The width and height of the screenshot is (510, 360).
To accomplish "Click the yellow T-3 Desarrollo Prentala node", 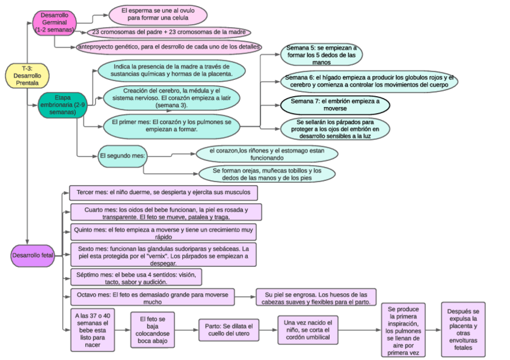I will coord(26,76).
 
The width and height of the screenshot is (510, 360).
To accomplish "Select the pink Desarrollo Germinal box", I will coord(54,22).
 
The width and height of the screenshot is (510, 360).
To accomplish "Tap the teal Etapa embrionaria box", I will coord(58,105).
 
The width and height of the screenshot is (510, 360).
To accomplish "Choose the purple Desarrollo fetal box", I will coord(32,255).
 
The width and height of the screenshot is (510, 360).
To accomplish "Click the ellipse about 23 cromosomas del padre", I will coord(168,32).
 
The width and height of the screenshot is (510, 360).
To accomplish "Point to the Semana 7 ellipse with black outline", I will coord(335,105).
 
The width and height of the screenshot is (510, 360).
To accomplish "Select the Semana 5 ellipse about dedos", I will coord(321,54).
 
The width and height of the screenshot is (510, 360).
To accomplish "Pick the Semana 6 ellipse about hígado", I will coord(369,81).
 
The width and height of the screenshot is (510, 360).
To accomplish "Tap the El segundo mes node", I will coord(122,156).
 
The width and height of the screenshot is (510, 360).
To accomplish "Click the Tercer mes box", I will coord(164,193).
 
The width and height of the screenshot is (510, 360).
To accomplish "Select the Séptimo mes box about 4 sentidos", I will coord(135,277).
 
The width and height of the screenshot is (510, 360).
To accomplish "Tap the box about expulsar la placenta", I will coord(463,329).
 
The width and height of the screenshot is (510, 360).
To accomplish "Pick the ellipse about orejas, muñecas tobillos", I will coord(266,174).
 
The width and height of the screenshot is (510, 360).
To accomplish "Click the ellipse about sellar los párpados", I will coord(335,129).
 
